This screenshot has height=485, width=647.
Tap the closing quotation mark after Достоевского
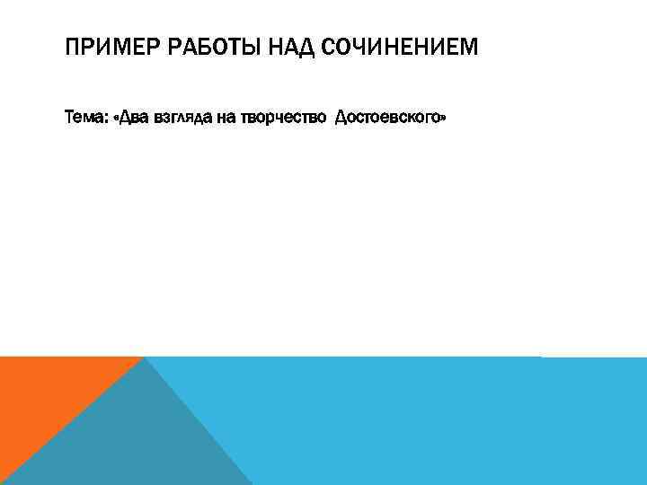coord(442,118)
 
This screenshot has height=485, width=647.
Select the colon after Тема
coord(104,118)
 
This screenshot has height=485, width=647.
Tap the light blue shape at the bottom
coord(431,422)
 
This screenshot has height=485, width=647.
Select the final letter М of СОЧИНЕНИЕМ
coord(471,46)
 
